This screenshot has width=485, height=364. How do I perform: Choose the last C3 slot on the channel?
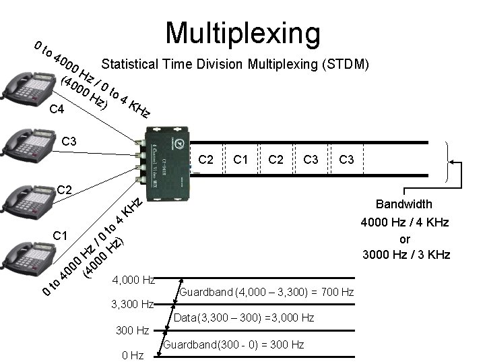[347, 160]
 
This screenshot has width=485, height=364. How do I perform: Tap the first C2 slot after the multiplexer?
[207, 160]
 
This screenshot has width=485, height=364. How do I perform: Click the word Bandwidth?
[404, 204]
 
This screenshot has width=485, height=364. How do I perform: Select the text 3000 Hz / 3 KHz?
[406, 255]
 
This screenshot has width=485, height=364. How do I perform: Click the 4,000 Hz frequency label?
[134, 279]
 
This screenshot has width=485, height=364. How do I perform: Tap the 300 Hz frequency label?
[133, 331]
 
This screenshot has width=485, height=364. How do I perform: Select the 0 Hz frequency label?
[132, 355]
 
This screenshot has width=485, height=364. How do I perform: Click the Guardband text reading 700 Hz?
[267, 292]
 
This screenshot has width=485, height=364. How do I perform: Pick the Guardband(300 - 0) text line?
[234, 344]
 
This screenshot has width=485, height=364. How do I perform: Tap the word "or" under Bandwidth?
[406, 239]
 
